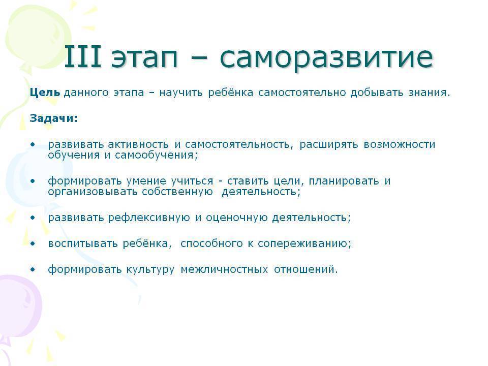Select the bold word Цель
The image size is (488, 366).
[x=45, y=92]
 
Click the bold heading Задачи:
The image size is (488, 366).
[x=53, y=118]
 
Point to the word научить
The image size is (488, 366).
[x=180, y=93]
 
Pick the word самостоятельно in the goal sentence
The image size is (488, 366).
[x=302, y=93]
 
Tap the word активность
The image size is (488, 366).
[x=138, y=144]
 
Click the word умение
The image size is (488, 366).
[x=146, y=181]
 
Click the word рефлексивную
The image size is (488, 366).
[x=149, y=218]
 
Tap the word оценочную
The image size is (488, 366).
[x=236, y=218]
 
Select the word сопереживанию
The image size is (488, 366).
[x=304, y=243]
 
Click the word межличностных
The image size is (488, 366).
[x=224, y=269]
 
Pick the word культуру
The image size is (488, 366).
[x=150, y=269]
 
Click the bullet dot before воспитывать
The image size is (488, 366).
[x=33, y=243]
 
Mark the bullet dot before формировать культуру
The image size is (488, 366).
[x=33, y=269]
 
